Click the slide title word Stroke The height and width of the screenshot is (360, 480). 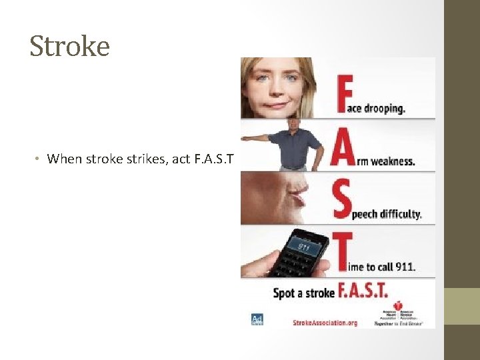69,46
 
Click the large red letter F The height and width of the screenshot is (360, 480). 345,93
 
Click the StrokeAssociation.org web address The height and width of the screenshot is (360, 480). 325,323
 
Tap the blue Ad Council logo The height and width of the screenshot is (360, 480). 257,319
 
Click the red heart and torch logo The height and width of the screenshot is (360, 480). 399,306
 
